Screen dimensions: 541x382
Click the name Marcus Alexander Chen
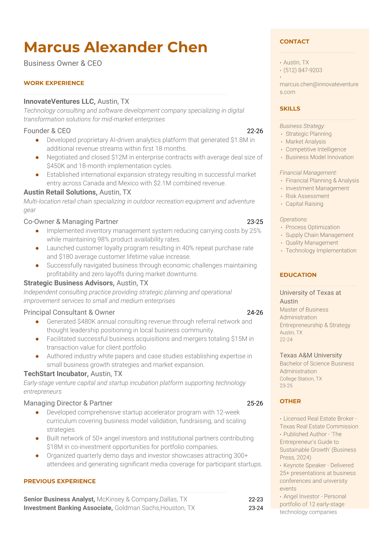point(116,47)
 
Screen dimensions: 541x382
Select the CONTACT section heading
point(294,41)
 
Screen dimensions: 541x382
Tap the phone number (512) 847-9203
point(303,70)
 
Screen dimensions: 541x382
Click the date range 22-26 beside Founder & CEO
point(255,131)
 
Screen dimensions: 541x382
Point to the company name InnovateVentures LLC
point(59,102)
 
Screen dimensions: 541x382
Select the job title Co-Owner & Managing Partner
point(71,221)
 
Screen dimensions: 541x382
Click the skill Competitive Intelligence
point(316,149)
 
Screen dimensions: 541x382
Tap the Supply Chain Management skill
point(319,235)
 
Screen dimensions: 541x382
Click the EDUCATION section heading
point(298,275)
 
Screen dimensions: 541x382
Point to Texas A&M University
point(310,355)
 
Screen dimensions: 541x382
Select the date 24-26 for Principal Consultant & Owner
point(255,312)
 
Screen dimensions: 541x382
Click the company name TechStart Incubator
point(56,374)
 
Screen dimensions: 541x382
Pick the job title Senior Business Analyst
point(59,499)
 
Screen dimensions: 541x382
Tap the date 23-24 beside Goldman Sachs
point(256,508)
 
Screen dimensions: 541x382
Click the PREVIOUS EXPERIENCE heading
point(60,481)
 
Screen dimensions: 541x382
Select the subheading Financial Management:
point(308,173)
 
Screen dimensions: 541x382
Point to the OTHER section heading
point(290,401)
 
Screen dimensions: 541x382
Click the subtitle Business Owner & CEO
point(63,63)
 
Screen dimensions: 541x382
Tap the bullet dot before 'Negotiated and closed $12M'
point(37,158)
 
